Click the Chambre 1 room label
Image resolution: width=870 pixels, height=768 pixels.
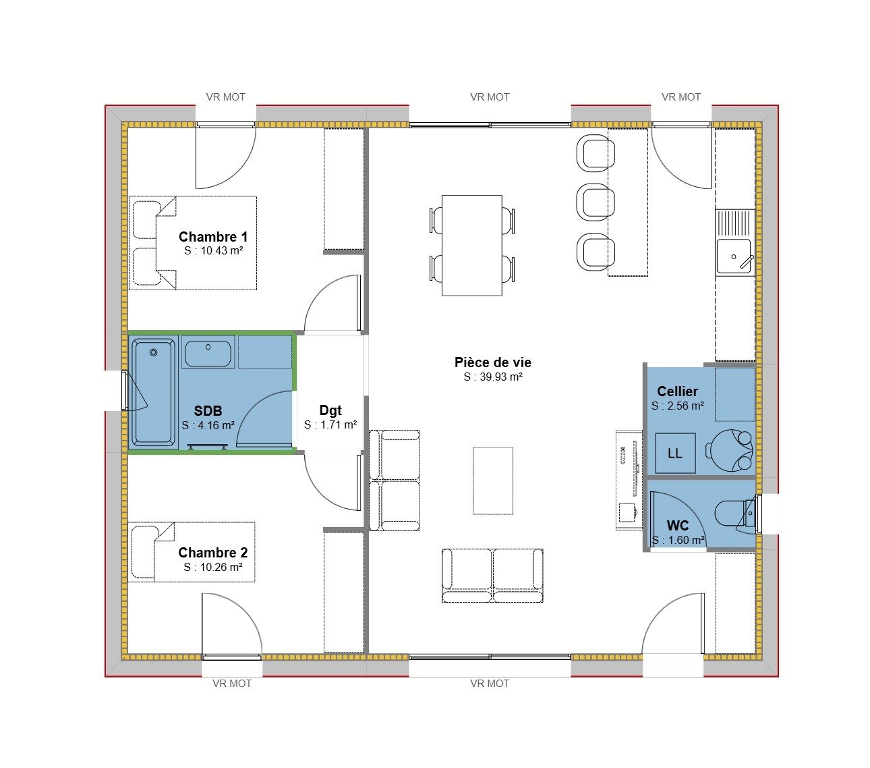pos(213,237)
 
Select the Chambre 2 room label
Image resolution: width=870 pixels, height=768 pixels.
pos(213,553)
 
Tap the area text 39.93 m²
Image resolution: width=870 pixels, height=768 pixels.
pos(493,377)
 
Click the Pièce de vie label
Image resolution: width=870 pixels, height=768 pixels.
pos(493,362)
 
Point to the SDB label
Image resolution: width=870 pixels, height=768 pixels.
pos(208,411)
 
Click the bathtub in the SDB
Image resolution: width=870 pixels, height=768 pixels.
pos(154,393)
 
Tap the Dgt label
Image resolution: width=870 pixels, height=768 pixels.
pos(330,410)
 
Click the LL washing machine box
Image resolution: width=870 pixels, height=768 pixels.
pos(675,454)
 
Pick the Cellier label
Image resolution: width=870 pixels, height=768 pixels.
pos(678,391)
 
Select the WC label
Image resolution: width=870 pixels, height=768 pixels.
pos(678,526)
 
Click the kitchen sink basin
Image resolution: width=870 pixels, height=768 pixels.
pos(732,256)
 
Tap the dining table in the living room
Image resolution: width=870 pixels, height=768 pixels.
pos(471,245)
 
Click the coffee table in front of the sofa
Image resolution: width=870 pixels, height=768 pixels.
pos(493,481)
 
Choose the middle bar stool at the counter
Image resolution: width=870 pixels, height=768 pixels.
pos(596,202)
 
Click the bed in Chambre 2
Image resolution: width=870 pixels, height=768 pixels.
pos(192,551)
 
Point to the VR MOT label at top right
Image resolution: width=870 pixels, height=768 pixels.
pos(681,97)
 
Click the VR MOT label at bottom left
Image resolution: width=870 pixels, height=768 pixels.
pos(232,684)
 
